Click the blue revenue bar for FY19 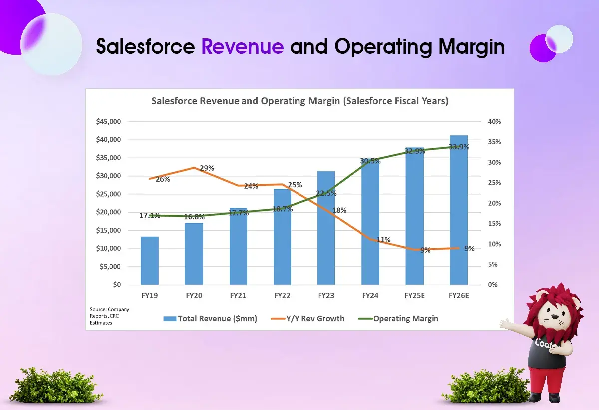[x=150, y=261]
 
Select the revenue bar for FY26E [x=459, y=210]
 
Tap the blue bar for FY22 [x=282, y=237]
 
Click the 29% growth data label [x=207, y=168]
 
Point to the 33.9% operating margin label [x=459, y=147]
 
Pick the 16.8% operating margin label [x=194, y=217]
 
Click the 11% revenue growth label [x=383, y=240]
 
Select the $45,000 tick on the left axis [x=108, y=122]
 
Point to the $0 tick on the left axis [x=117, y=285]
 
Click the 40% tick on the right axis [x=494, y=122]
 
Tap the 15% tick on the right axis [x=494, y=224]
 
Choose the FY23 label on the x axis [x=326, y=296]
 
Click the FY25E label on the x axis [x=414, y=296]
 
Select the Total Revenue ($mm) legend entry [x=210, y=319]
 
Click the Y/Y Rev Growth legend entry [x=307, y=319]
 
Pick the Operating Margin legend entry [x=398, y=319]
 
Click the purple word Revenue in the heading [x=243, y=46]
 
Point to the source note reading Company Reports [x=109, y=313]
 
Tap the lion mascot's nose [x=556, y=317]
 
